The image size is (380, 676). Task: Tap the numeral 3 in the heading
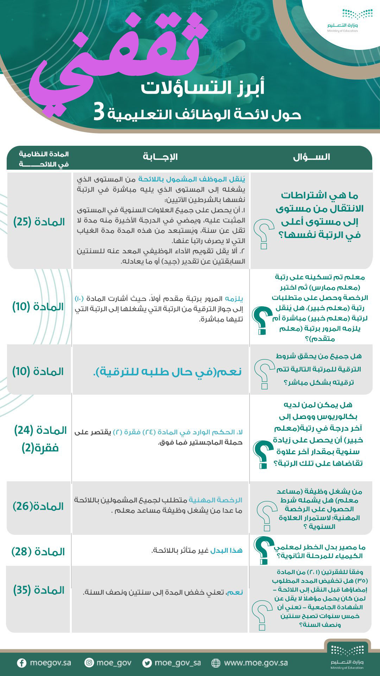(x=99, y=113)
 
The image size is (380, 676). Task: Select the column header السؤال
(x=311, y=157)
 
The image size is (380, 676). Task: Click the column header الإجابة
(x=160, y=157)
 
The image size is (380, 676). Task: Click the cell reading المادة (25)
(x=39, y=222)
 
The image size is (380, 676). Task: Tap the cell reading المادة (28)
(x=38, y=552)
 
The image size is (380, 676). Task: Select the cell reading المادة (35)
(x=39, y=590)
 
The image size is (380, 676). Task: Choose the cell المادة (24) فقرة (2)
(x=40, y=439)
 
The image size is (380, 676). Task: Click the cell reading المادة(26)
(x=38, y=507)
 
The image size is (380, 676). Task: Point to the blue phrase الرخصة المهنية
(x=215, y=500)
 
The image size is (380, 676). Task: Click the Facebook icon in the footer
(x=22, y=663)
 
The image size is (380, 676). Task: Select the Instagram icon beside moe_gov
(x=89, y=663)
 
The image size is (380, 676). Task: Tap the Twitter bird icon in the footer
(x=147, y=663)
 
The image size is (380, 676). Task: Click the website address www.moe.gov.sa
(x=256, y=663)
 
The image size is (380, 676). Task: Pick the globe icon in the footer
(x=216, y=663)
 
